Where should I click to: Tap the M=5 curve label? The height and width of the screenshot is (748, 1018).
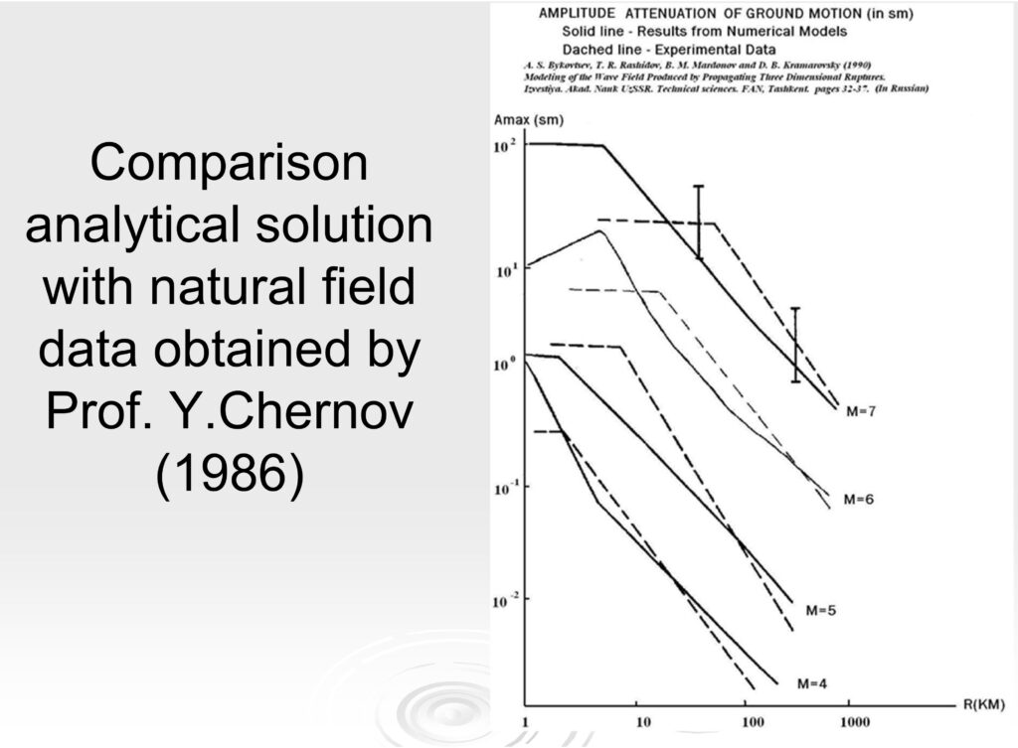(x=820, y=610)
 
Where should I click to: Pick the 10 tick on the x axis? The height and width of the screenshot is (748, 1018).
(x=642, y=721)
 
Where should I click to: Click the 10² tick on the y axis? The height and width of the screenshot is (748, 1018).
(x=506, y=146)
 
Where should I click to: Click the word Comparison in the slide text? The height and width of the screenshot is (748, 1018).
(x=229, y=163)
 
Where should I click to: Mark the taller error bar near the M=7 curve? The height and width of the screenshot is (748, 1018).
(x=699, y=222)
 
